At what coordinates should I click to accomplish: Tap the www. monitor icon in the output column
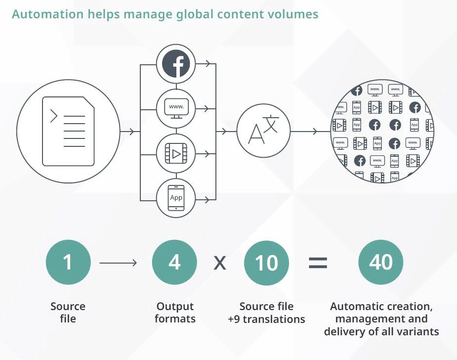[176, 107]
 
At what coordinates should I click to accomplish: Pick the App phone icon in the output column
[176, 198]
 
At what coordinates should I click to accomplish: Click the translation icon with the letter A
[263, 131]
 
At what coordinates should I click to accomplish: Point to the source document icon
[68, 131]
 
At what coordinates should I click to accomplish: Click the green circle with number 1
[68, 263]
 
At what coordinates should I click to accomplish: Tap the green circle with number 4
[174, 263]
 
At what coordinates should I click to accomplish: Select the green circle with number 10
[267, 263]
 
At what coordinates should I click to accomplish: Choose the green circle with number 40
[381, 263]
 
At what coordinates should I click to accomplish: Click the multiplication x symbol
[220, 263]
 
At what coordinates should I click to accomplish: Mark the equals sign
[318, 263]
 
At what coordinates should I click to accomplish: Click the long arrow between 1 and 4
[119, 263]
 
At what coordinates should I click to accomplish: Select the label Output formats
[175, 313]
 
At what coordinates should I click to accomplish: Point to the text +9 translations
[266, 319]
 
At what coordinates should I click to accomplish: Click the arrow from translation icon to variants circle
[309, 132]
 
